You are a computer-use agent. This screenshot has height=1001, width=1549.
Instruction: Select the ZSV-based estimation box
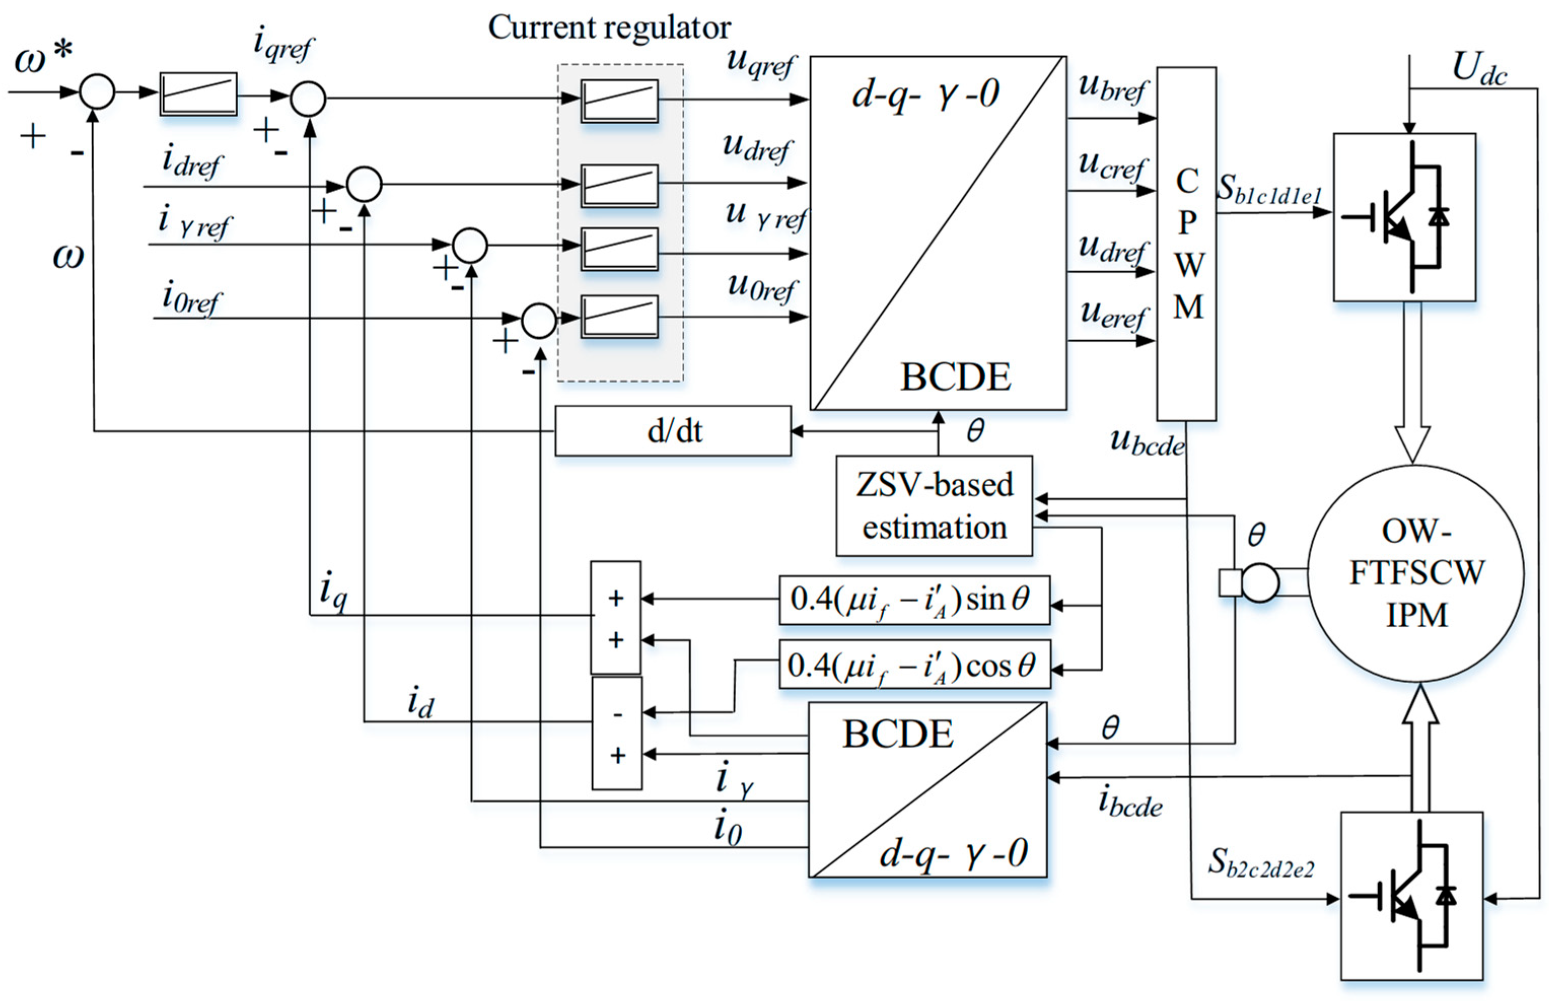pyautogui.click(x=933, y=506)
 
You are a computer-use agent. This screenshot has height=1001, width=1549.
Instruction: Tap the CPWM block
pyautogui.click(x=1186, y=244)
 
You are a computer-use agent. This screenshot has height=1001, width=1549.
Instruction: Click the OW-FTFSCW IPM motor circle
pyautogui.click(x=1416, y=574)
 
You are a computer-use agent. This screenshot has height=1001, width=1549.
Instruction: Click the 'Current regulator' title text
pyautogui.click(x=609, y=27)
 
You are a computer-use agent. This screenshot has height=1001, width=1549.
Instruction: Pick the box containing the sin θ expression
pyautogui.click(x=914, y=600)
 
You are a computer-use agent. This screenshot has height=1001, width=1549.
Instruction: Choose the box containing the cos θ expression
pyautogui.click(x=914, y=665)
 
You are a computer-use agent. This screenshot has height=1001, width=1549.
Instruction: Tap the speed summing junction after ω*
pyautogui.click(x=97, y=92)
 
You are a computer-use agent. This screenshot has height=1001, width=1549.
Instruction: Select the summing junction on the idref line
pyautogui.click(x=364, y=185)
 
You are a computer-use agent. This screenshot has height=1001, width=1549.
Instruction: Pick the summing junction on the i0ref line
pyautogui.click(x=538, y=320)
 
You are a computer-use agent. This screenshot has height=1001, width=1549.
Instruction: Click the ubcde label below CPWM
pyautogui.click(x=1147, y=443)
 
